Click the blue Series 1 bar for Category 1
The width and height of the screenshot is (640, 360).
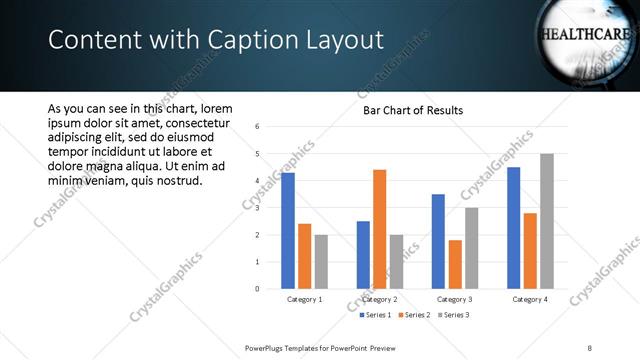pyautogui.click(x=288, y=231)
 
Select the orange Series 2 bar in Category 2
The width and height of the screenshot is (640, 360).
pyautogui.click(x=379, y=229)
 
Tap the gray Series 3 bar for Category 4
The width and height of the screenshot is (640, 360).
pyautogui.click(x=546, y=221)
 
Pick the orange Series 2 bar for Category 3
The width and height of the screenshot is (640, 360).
pyautogui.click(x=455, y=264)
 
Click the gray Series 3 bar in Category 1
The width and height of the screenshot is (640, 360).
pyautogui.click(x=320, y=262)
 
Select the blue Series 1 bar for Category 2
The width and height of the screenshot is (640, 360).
pyautogui.click(x=362, y=255)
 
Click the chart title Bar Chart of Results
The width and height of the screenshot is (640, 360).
pyautogui.click(x=413, y=110)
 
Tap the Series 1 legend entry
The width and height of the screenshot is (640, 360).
pyautogui.click(x=375, y=315)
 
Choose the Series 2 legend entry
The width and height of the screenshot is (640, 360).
pyautogui.click(x=413, y=315)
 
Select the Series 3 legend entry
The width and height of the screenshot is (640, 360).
pyautogui.click(x=452, y=315)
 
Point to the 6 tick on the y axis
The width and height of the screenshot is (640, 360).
pyautogui.click(x=258, y=127)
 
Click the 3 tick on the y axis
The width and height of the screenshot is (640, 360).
pyautogui.click(x=258, y=208)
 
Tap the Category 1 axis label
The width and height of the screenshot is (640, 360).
pyautogui.click(x=304, y=299)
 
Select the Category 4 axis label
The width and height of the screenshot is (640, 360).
pyautogui.click(x=529, y=299)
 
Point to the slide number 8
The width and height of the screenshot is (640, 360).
pyautogui.click(x=590, y=347)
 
